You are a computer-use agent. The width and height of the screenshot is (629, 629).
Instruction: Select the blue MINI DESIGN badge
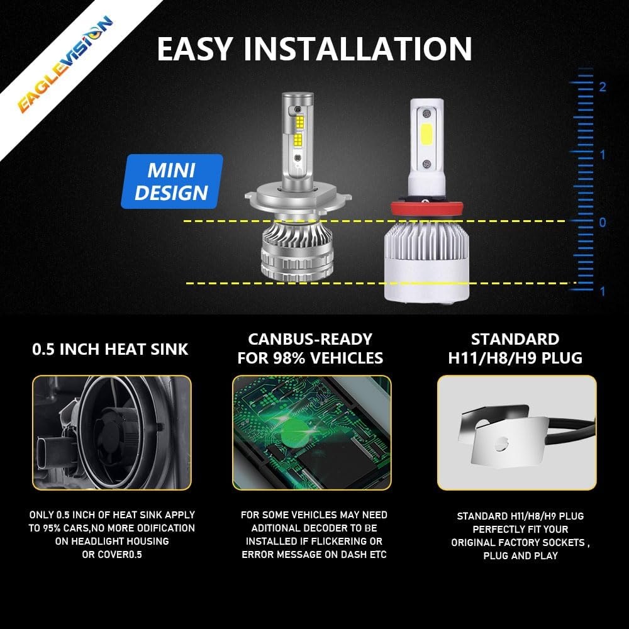[172, 181]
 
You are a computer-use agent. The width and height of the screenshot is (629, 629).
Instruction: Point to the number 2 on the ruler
[602, 87]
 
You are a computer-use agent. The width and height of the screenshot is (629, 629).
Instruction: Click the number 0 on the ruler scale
[603, 223]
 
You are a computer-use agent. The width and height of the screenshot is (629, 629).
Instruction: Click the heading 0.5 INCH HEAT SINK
[110, 349]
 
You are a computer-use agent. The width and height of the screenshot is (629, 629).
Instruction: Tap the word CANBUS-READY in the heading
[310, 339]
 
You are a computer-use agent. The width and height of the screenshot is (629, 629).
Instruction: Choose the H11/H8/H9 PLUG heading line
[515, 359]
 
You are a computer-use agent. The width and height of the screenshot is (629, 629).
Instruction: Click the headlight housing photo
[111, 432]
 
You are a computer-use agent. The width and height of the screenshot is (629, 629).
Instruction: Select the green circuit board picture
[311, 432]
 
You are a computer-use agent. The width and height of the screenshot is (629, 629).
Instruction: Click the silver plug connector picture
[516, 432]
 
